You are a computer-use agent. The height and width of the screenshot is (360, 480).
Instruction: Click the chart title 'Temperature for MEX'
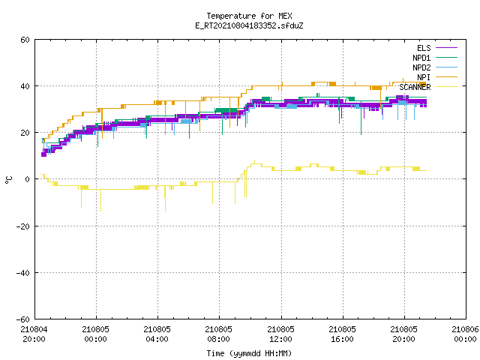pos(249,16)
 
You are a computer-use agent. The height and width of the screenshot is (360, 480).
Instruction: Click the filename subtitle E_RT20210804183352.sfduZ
pos(249,25)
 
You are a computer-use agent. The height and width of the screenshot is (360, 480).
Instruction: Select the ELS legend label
pos(424,48)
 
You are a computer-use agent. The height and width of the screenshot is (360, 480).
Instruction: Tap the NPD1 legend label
pos(421,58)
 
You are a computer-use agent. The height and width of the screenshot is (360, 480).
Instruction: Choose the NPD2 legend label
pos(421,67)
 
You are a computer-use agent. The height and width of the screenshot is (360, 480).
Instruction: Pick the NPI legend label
pos(424,77)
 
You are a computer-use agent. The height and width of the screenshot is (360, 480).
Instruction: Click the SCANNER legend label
pos(415,87)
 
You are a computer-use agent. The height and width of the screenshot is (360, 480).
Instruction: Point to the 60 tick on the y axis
pos(25,40)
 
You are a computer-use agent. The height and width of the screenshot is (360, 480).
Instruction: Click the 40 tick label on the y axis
pos(25,86)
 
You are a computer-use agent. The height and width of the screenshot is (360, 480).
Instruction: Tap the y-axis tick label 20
pos(25,133)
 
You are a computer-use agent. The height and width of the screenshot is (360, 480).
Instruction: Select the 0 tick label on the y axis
pos(28,179)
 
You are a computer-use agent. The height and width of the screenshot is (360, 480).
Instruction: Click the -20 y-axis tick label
pos(23,226)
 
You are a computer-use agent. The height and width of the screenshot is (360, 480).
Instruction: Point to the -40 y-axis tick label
pos(23,273)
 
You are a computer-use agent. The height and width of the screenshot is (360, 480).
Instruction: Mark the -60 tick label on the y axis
pos(23,319)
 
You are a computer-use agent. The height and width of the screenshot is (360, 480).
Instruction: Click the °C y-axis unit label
pos(8,180)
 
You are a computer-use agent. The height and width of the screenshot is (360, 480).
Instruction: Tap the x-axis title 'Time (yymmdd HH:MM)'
pos(249,353)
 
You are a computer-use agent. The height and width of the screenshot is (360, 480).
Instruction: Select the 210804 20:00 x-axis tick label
pos(34,334)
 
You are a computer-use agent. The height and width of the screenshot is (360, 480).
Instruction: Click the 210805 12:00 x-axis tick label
pos(280,334)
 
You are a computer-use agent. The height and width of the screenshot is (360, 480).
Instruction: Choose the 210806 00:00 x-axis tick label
pos(465,334)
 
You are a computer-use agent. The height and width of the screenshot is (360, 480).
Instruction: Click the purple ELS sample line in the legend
pos(446,48)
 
